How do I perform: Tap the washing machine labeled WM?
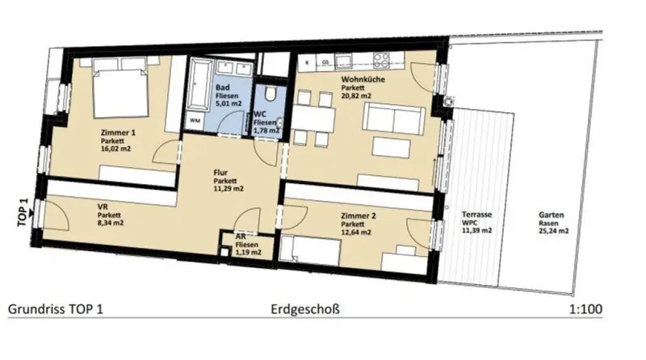[195, 121]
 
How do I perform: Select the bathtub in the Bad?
[199, 85]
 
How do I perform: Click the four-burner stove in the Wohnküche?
[381, 61]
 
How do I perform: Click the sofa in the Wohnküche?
[393, 119]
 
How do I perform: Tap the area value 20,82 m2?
[356, 95]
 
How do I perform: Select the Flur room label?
[220, 173]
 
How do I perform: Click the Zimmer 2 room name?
[358, 216]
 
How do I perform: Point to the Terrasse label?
[476, 215]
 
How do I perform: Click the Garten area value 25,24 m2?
[553, 231]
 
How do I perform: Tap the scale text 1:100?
[585, 309]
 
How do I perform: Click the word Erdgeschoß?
[305, 309]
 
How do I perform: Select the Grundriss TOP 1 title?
[56, 309]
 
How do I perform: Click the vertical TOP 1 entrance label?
[23, 212]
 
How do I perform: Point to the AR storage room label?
[241, 237]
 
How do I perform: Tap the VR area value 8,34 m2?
[111, 223]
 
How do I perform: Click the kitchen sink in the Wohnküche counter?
[343, 61]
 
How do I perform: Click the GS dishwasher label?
[325, 62]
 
